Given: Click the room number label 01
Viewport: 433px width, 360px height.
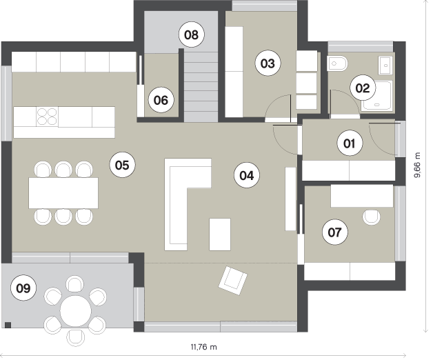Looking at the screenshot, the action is [350, 143].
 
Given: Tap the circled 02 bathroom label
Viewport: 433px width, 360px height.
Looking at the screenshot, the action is [363, 88].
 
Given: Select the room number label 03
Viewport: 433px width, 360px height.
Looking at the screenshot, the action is [268, 63].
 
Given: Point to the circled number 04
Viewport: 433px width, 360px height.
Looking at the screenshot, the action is [247, 175].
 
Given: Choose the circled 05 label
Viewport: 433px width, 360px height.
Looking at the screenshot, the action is [122, 166].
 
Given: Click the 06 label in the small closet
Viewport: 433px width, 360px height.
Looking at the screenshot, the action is [161, 100].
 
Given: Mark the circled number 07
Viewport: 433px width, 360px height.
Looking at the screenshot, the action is [334, 232].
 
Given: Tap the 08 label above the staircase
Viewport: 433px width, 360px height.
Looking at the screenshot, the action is [192, 34].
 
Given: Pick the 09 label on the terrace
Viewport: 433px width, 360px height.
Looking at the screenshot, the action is [23, 288].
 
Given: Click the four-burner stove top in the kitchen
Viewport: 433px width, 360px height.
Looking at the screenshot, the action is [47, 117].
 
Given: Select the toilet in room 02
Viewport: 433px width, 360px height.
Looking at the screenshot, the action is [336, 63].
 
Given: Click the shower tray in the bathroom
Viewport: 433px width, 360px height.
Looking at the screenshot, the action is [376, 95].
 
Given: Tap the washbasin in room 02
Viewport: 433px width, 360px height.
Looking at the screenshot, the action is [385, 66].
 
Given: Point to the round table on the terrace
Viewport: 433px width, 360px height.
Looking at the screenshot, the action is [76, 311].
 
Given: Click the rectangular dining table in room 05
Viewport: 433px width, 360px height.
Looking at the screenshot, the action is [63, 193].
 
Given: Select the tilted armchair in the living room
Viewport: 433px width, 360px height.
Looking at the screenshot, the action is [233, 280].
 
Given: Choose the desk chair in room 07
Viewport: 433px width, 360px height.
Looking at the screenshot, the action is [372, 217].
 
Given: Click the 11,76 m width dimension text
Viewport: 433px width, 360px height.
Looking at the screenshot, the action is [204, 347].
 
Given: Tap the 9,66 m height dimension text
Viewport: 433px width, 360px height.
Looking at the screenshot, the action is [417, 165].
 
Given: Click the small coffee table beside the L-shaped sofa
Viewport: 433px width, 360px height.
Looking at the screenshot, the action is [220, 234].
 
